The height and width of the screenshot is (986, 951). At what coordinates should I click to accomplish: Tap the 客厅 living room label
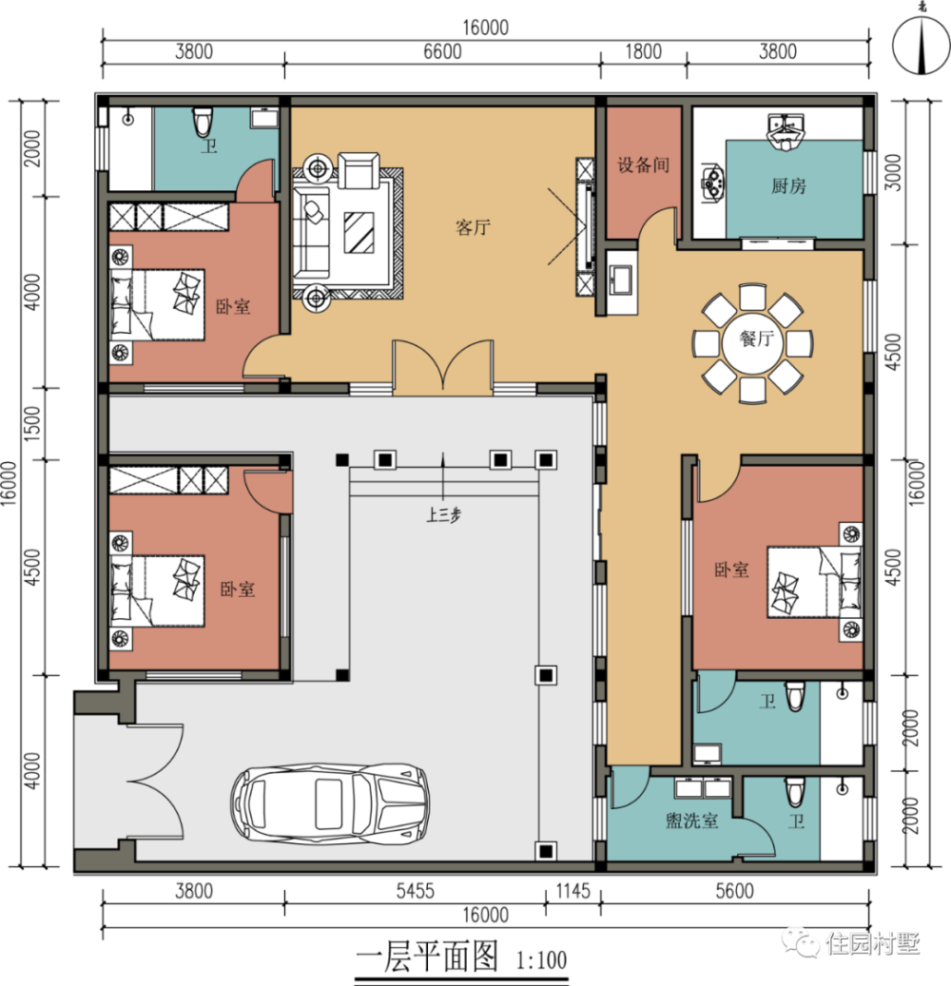coord(473,227)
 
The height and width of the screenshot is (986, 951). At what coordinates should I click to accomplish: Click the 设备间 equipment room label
coord(643,165)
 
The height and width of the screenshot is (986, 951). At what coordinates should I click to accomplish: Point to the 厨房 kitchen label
coord(788,186)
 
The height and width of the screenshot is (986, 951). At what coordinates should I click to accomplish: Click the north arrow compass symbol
coord(921,46)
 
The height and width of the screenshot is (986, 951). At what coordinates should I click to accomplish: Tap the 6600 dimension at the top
coord(442,51)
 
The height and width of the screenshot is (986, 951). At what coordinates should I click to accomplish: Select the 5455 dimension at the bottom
coord(416,891)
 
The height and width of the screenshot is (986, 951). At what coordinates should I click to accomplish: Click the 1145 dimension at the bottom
coord(573,891)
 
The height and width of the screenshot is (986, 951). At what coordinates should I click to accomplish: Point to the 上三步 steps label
coord(443,515)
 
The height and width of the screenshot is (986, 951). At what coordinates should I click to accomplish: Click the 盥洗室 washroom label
coord(692,821)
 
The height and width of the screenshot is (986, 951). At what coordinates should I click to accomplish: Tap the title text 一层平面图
coord(427,957)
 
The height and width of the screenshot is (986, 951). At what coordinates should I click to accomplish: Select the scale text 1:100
coord(541,960)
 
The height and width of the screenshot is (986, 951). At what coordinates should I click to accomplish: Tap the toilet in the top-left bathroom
coord(203,122)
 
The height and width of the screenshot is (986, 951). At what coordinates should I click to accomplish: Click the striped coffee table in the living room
coord(359,232)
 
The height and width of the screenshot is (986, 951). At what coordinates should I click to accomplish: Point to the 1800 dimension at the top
coord(643,51)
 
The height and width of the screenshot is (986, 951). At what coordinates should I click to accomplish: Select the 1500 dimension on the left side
coord(32,423)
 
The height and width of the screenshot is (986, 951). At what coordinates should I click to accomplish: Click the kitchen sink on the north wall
coord(785,132)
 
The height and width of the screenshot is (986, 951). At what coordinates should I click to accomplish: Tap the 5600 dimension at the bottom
coord(734,891)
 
